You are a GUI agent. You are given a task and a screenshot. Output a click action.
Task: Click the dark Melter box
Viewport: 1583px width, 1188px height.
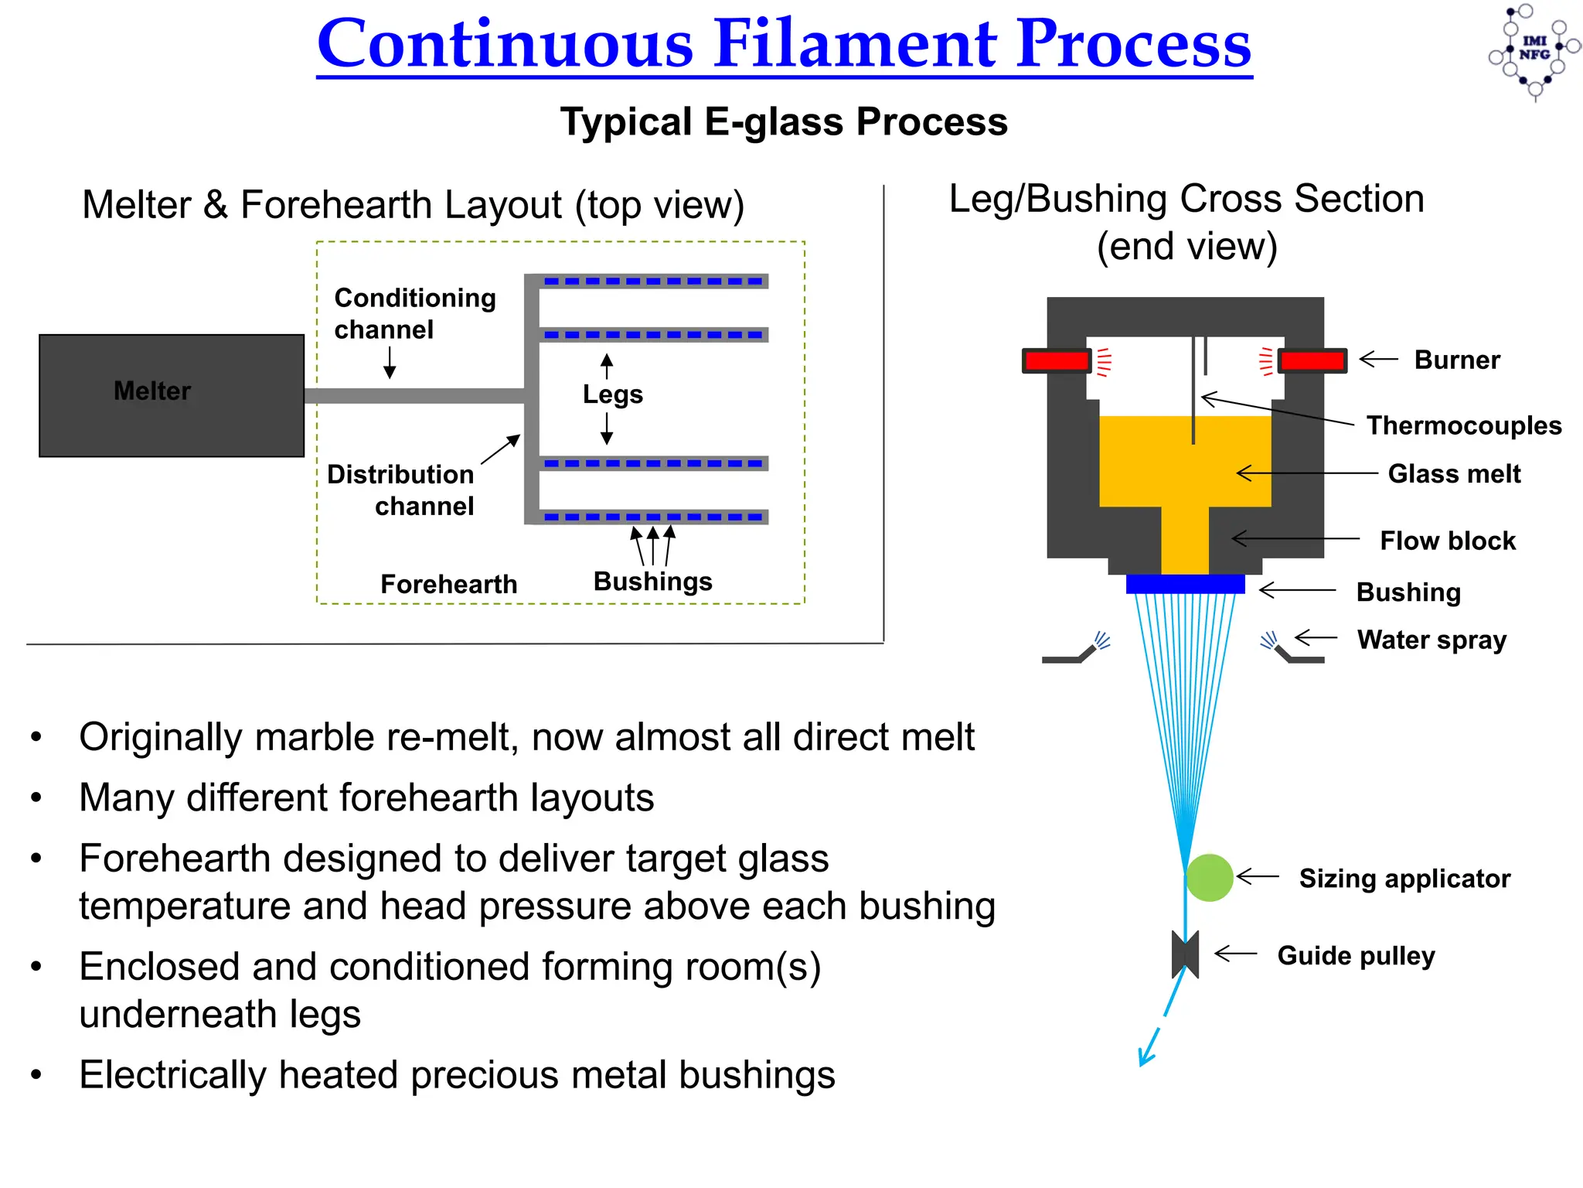click(172, 395)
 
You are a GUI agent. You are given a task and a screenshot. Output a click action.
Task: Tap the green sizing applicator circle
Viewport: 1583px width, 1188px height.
click(1209, 877)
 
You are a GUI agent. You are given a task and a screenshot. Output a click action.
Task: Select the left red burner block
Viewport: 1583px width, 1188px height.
click(1056, 360)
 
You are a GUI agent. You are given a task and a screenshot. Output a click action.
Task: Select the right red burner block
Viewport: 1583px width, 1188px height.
click(1312, 360)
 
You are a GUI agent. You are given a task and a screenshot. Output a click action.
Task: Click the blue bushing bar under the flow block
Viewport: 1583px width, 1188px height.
click(1185, 584)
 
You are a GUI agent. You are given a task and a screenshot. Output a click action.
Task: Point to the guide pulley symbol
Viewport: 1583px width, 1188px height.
click(1185, 954)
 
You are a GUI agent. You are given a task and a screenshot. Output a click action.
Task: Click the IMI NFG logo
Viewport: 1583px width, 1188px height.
click(1534, 49)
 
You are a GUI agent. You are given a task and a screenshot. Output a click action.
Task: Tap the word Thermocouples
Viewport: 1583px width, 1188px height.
click(1463, 425)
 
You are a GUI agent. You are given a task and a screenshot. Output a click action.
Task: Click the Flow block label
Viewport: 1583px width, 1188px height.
click(1447, 541)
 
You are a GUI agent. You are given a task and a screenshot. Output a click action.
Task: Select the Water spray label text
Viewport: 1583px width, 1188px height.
click(1432, 640)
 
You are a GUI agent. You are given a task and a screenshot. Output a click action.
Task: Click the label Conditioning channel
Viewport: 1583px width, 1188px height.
click(414, 313)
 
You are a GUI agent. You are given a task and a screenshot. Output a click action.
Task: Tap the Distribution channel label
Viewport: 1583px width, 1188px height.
click(400, 490)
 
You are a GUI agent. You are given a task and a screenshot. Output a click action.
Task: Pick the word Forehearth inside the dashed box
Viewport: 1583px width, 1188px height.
click(448, 584)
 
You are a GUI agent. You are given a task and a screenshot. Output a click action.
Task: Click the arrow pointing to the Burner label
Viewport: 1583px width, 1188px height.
click(1378, 359)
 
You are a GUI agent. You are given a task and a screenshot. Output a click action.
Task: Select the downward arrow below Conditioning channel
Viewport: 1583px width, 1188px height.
click(390, 363)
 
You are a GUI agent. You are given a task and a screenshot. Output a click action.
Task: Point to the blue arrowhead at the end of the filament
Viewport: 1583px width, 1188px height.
click(1146, 1057)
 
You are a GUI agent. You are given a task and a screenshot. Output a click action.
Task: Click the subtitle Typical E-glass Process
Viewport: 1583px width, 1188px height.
click(783, 122)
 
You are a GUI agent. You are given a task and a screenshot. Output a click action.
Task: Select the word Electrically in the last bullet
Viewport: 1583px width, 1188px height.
click(172, 1075)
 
